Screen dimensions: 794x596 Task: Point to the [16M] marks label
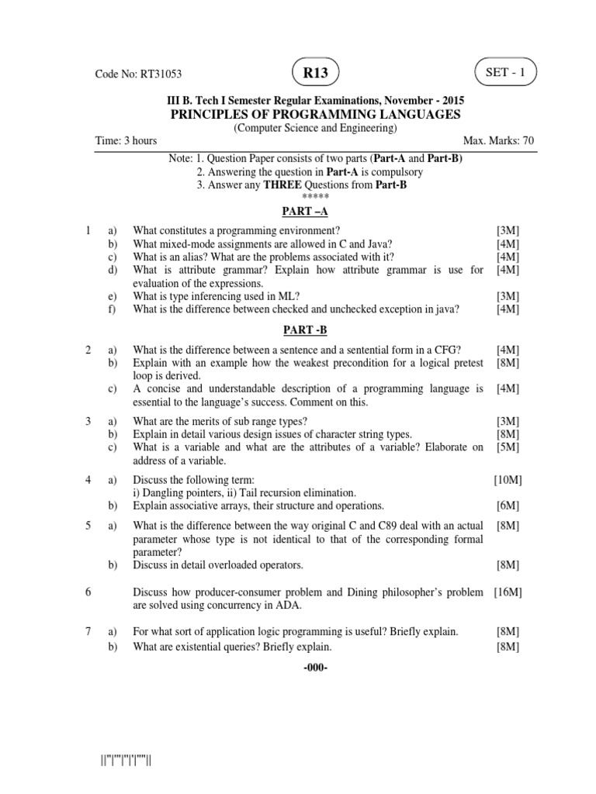point(508,592)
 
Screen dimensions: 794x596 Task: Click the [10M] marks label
point(508,480)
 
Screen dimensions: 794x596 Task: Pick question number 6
point(90,592)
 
